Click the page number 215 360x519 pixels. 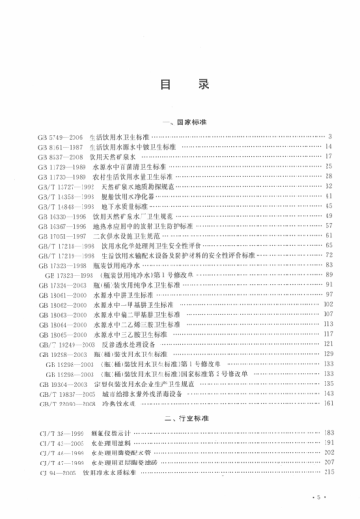pyautogui.click(x=329, y=473)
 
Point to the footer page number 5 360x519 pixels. pyautogui.click(x=320, y=498)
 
